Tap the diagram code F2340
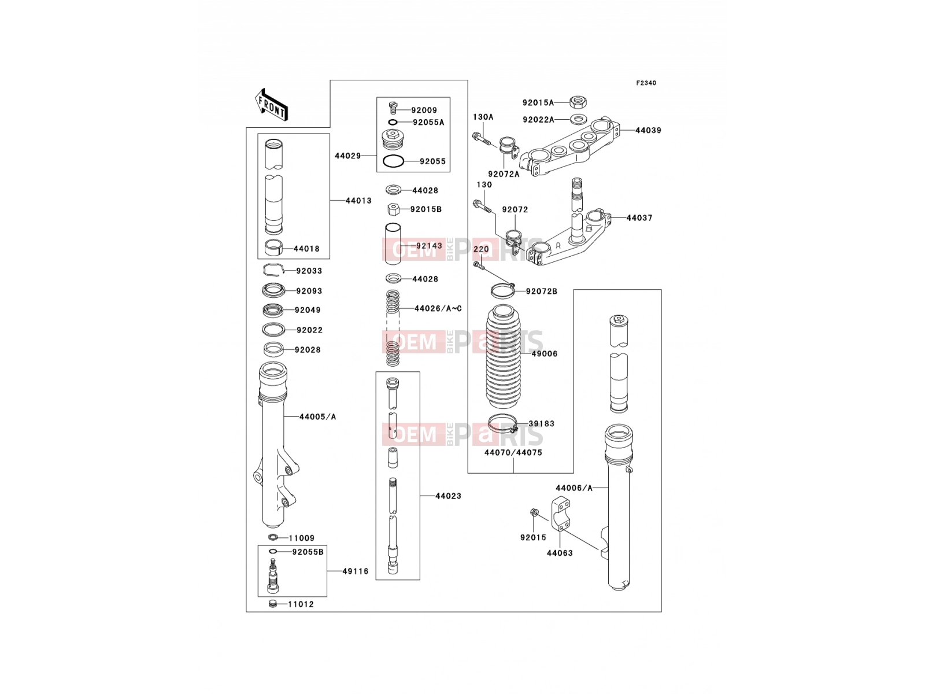(646, 83)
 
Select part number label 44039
(648, 131)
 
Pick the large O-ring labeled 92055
(393, 161)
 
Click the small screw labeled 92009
(393, 108)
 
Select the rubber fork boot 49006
(504, 356)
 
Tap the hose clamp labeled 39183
(504, 423)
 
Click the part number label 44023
(448, 496)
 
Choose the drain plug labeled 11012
(273, 604)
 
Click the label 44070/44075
(513, 453)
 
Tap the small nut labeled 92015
(533, 512)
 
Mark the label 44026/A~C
(438, 309)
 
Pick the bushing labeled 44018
(273, 248)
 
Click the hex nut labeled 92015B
(393, 209)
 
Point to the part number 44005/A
(317, 417)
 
